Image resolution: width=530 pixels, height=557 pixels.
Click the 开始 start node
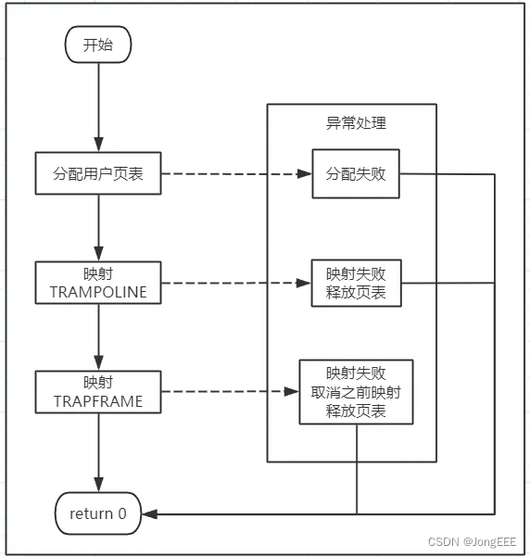97,44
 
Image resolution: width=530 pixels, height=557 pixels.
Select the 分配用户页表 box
97,173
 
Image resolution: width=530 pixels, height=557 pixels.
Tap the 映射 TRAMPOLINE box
97,284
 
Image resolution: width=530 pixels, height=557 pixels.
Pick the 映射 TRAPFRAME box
97,393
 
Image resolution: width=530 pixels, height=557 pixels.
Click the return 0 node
97,513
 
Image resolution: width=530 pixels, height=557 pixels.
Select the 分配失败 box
356,173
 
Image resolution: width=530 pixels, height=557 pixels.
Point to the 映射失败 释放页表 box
356,284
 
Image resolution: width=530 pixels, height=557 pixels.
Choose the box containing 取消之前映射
356,392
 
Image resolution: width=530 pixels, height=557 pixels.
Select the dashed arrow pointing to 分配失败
235,173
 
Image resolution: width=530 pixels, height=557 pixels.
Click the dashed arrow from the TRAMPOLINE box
235,284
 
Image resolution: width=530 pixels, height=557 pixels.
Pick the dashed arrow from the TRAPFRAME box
229,393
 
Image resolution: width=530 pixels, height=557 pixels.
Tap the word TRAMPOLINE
97,293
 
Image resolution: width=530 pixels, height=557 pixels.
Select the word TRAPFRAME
97,402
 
